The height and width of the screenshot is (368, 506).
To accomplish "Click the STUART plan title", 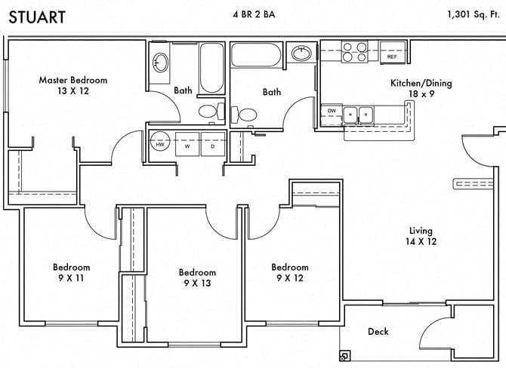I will pos(36,16).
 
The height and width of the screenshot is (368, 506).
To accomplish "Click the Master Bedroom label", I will pos(73,80).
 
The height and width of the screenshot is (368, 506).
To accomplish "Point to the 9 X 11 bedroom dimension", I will pos(72,278).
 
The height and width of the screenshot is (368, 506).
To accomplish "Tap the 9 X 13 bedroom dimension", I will pos(197,284).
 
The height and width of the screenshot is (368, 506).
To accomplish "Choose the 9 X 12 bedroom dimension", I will pos(290,278).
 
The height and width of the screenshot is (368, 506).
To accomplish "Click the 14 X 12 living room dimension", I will pos(421,242).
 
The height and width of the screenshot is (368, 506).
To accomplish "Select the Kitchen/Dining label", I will pos(421,83).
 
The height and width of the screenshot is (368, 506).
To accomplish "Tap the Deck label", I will pos(378,332).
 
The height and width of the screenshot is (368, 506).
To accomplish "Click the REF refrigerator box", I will pos(392,57).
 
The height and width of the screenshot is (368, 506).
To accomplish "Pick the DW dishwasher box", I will pos(332,112).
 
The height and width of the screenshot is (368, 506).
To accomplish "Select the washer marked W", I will pos(187,145).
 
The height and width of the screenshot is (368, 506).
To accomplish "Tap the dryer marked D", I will pos(212,145).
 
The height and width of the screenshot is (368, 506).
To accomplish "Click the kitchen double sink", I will pos(359,115).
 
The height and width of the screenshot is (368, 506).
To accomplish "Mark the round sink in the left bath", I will pos(161,63).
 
